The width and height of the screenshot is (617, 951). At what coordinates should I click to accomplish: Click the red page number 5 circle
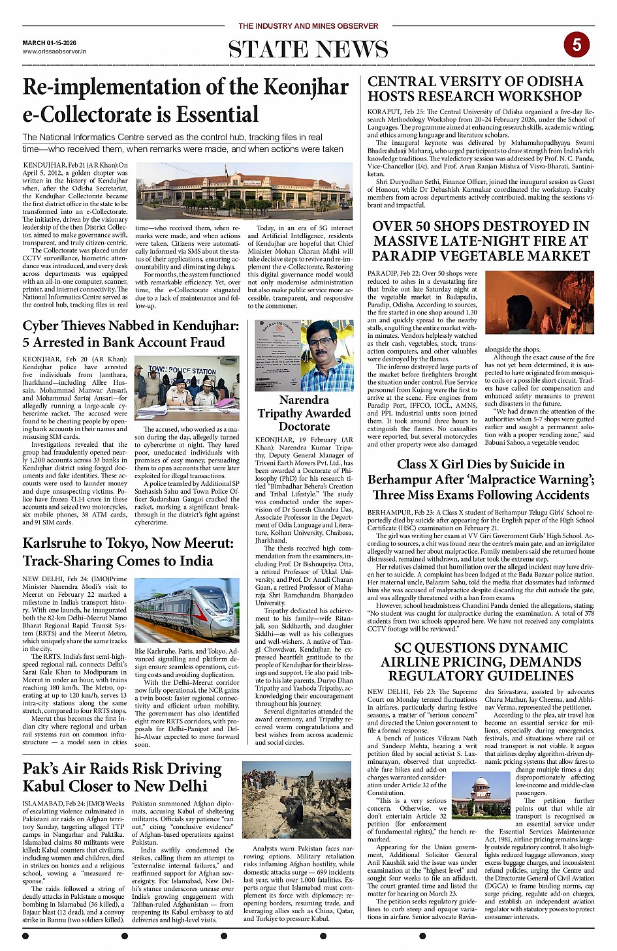click(577, 44)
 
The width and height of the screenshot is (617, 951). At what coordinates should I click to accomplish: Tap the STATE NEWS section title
click(308, 50)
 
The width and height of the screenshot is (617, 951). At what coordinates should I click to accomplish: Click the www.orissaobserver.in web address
click(54, 51)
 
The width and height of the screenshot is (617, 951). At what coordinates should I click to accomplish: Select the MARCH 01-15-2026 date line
click(49, 43)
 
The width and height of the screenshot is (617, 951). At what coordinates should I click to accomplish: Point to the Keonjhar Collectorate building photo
click(244, 191)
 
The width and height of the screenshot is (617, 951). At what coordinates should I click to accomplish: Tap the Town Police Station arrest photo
click(187, 387)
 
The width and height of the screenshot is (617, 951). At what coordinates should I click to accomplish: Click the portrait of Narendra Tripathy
click(330, 355)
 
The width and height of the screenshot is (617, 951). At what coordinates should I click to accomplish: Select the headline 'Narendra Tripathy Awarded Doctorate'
click(304, 413)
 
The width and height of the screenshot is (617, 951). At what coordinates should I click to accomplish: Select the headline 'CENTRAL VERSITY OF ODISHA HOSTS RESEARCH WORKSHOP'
click(475, 89)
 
